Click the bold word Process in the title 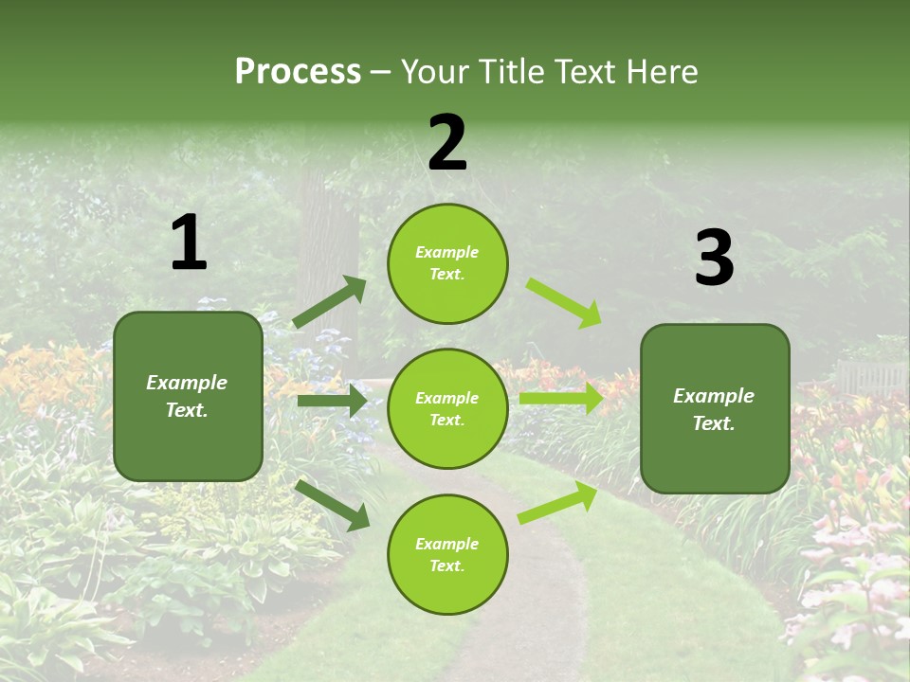point(298,72)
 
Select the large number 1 point(189,243)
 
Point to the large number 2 point(447,143)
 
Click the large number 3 point(714,259)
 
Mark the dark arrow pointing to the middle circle point(332,401)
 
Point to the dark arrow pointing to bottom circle point(333,505)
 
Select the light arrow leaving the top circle point(563,302)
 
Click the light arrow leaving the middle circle point(560,399)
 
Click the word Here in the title point(663,72)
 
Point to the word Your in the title point(432,72)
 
